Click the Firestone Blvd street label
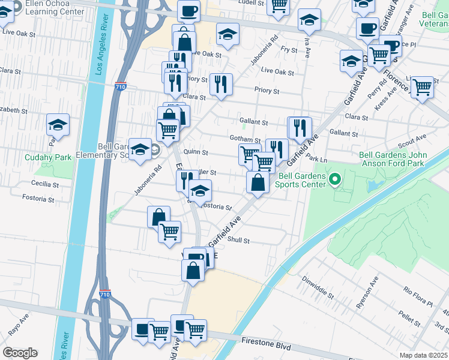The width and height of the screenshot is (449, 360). pyautogui.click(x=267, y=347)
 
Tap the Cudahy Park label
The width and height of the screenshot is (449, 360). pyautogui.click(x=48, y=158)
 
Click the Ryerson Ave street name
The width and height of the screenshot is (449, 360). pyautogui.click(x=367, y=293)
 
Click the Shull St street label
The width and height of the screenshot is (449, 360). pyautogui.click(x=238, y=241)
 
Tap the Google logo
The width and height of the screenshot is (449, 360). pyautogui.click(x=19, y=353)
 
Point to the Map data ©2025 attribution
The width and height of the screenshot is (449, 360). pyautogui.click(x=423, y=355)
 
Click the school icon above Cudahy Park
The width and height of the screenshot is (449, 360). pyautogui.click(x=58, y=125)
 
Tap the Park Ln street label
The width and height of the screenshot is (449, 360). pyautogui.click(x=316, y=160)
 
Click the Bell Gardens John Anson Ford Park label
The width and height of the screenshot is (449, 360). pyautogui.click(x=393, y=159)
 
